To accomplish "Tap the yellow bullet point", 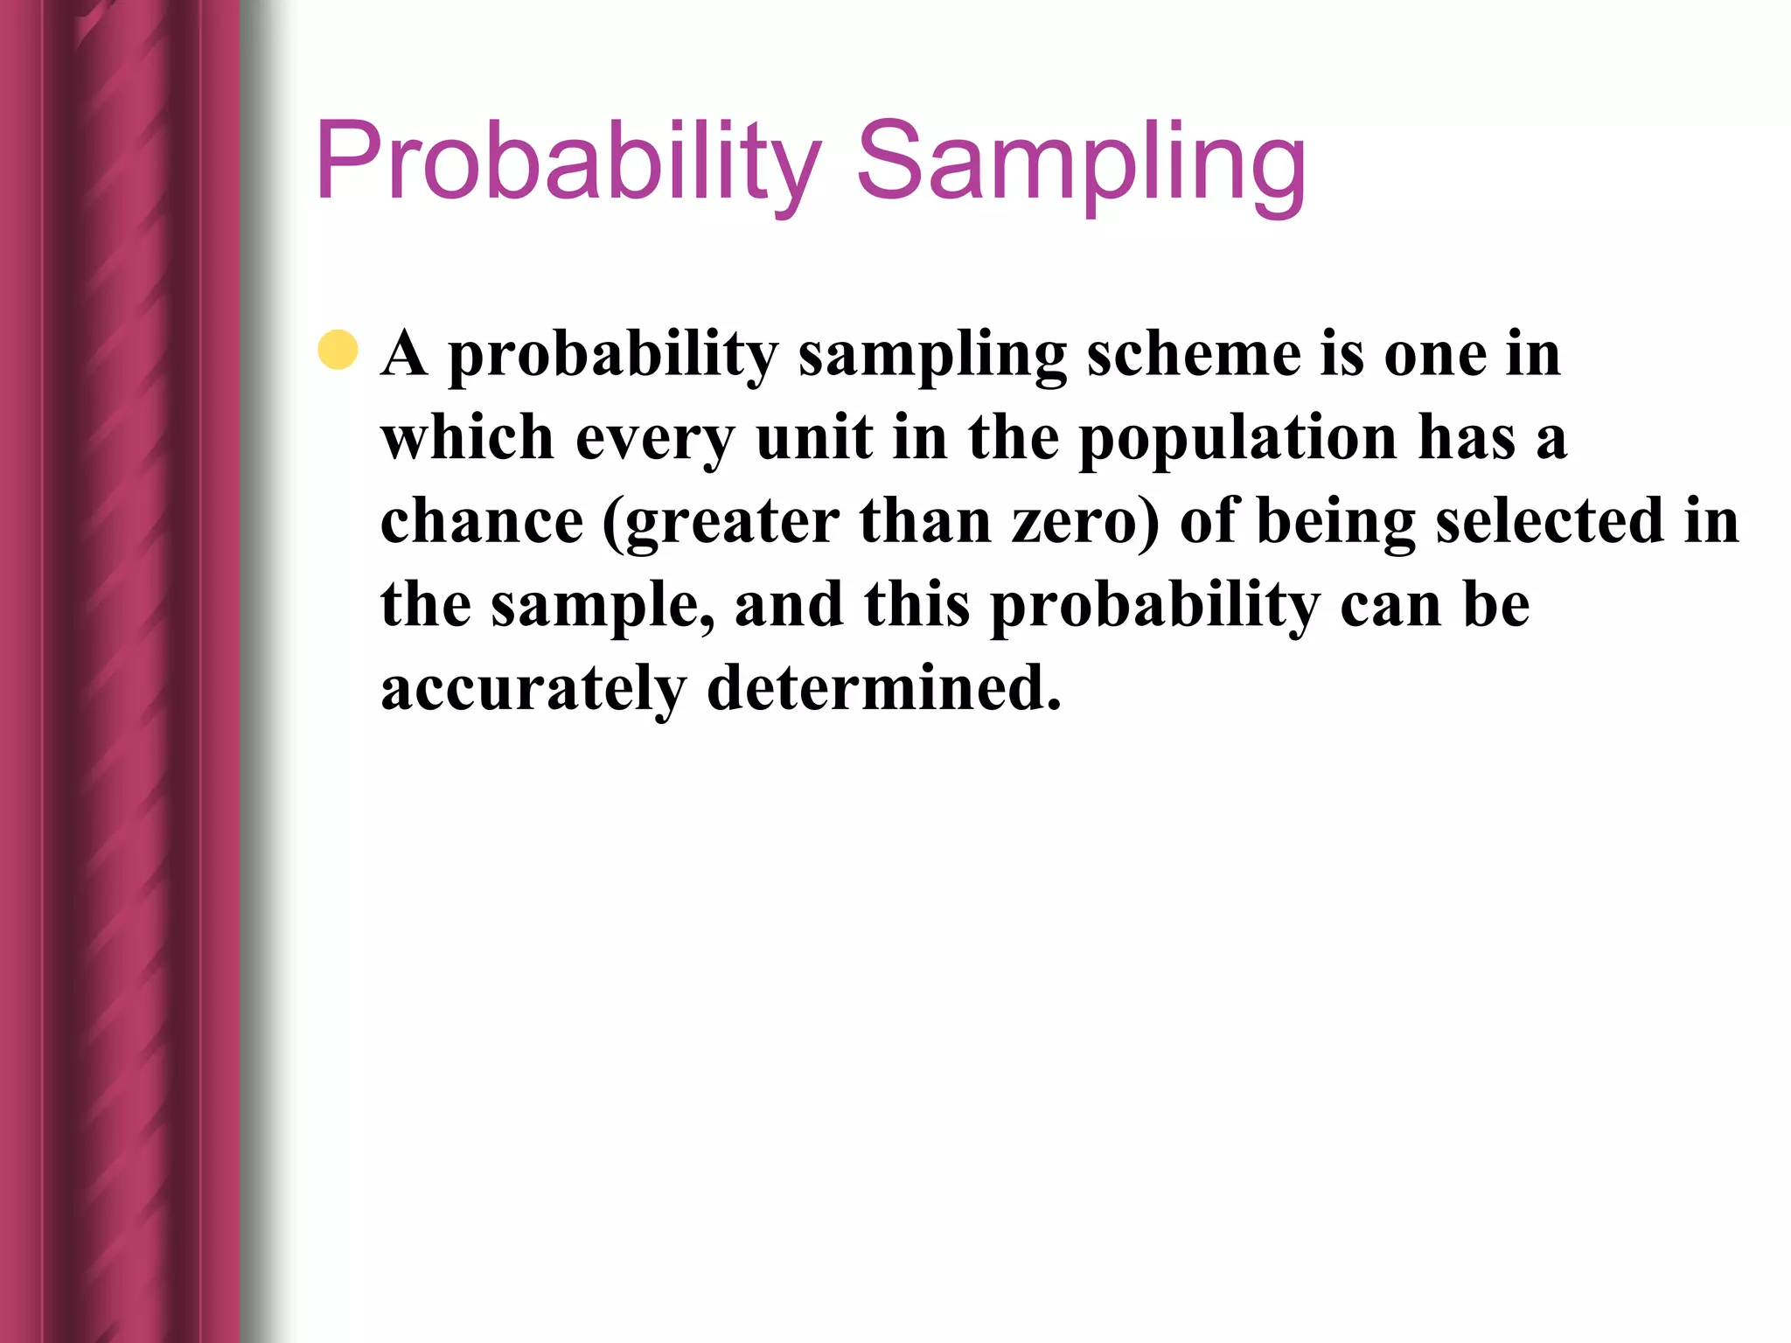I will (x=338, y=351).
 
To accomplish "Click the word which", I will (x=468, y=437).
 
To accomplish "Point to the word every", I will (x=655, y=440).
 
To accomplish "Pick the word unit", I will (x=814, y=437).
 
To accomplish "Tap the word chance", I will (x=482, y=521).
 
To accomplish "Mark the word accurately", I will (x=533, y=690).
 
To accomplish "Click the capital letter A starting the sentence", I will (x=404, y=353).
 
